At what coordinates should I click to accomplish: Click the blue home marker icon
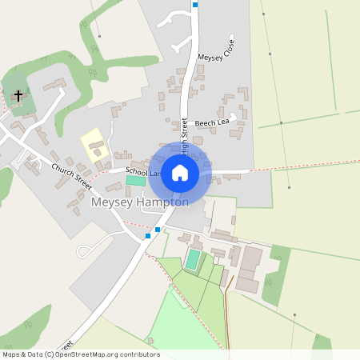click(180, 172)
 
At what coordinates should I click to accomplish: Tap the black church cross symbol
click(18, 95)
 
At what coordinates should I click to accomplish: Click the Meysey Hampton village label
click(140, 202)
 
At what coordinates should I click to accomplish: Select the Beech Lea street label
click(212, 122)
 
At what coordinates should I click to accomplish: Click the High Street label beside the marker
click(185, 134)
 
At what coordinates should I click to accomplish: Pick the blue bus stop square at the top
click(195, 4)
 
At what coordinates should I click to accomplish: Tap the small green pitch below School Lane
click(136, 181)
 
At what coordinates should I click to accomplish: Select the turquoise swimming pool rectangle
click(193, 259)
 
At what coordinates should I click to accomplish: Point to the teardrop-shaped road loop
click(90, 250)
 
